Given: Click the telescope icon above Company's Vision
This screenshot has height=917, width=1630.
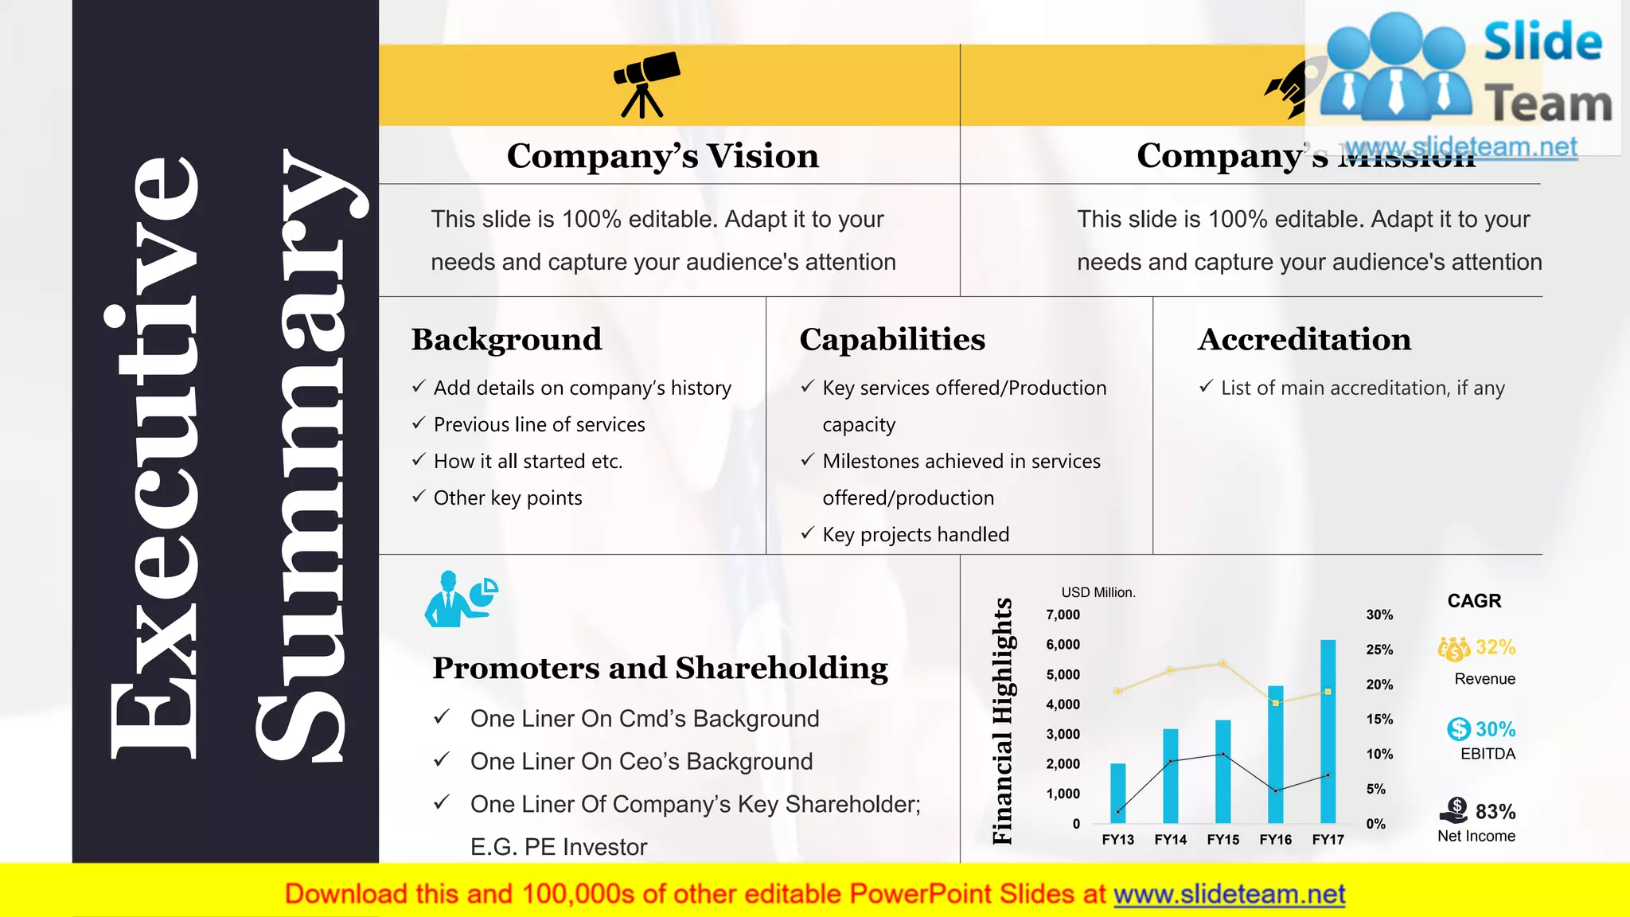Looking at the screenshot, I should point(645,84).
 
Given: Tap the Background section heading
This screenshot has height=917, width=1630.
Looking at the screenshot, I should point(506,339).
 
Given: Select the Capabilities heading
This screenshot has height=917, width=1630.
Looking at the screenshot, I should point(892,339).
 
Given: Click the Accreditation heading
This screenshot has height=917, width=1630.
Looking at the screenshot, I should point(1304,339).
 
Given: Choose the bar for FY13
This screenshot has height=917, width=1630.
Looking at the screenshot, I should point(1117,793).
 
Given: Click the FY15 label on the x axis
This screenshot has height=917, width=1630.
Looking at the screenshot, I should point(1222,839).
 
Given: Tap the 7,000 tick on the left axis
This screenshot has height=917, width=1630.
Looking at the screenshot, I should point(1063,615).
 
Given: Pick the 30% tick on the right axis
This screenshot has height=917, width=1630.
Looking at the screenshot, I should point(1379,615).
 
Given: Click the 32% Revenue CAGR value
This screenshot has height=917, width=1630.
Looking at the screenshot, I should point(1495,647).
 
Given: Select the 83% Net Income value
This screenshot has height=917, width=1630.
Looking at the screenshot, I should point(1495,811).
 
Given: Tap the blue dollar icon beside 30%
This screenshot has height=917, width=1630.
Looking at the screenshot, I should point(1458,728).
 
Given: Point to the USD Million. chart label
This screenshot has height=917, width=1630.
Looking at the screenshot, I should point(1098,592).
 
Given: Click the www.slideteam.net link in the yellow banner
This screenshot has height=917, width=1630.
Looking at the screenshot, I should point(1229,894).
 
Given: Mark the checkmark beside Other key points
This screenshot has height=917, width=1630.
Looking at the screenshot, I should point(419,497).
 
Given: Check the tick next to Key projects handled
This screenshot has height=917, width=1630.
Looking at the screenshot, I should point(808,533).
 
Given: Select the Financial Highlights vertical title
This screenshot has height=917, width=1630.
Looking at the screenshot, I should point(1002,720).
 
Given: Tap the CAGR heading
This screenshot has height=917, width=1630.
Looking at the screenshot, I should point(1474,601).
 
